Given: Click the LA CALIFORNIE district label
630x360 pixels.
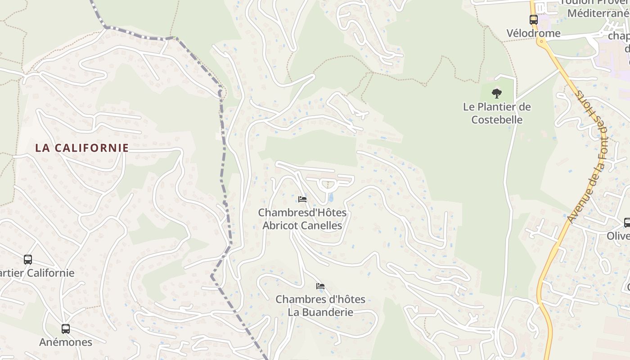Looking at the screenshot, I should (82, 148).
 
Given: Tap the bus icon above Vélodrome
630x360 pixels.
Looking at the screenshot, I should (534, 20).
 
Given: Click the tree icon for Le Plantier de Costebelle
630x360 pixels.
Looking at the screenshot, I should (497, 94).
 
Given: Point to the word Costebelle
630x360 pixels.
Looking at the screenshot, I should (497, 120).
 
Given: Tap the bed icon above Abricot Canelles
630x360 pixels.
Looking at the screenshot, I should (302, 199).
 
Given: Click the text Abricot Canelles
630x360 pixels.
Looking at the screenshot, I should (302, 225).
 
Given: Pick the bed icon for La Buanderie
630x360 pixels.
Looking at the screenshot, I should (320, 286).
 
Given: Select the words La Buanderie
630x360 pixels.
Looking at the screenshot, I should (320, 312).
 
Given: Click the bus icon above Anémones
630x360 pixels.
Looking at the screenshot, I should (66, 329).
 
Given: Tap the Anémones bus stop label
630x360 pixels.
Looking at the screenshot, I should (66, 342).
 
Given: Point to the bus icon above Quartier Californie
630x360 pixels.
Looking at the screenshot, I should (28, 260).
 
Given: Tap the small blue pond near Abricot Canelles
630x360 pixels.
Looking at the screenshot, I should (331, 197).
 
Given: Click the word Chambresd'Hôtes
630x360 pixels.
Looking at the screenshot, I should (302, 212).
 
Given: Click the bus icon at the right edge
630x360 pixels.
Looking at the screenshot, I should (627, 222).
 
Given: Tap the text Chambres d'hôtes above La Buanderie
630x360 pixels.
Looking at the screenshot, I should (320, 299).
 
